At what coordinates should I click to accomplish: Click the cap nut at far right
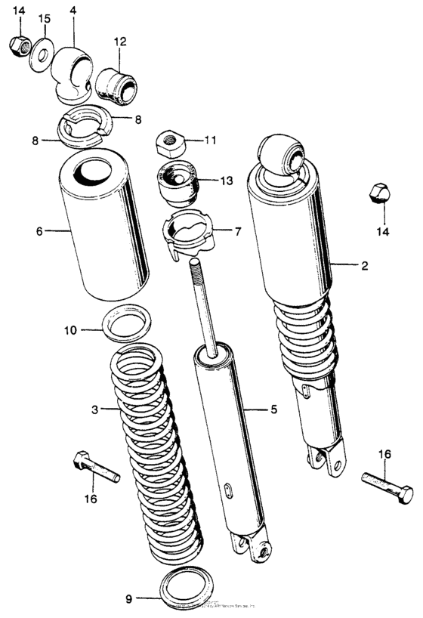pyautogui.click(x=378, y=195)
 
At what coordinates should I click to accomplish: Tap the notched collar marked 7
pyautogui.click(x=189, y=233)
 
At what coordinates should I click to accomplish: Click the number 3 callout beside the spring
pyautogui.click(x=94, y=410)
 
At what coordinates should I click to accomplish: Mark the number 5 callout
pyautogui.click(x=273, y=410)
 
